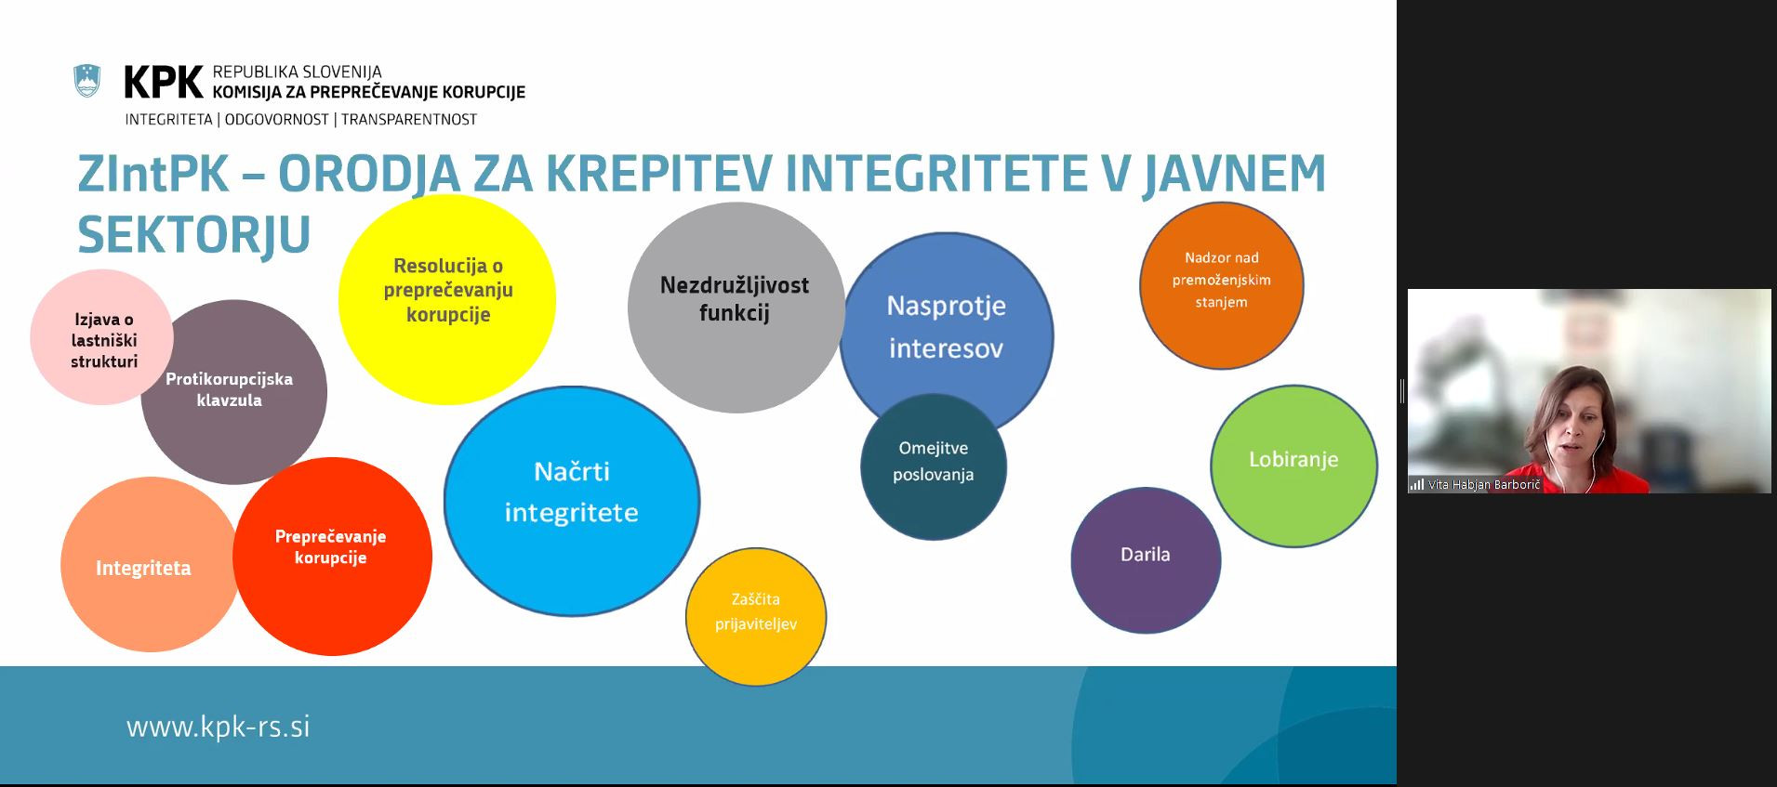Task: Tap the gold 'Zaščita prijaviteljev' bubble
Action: tap(755, 616)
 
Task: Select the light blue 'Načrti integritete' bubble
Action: tap(572, 500)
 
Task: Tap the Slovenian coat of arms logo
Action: tap(87, 82)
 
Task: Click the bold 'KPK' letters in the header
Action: tap(164, 83)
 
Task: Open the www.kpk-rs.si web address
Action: tap(218, 726)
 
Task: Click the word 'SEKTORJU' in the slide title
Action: tap(193, 234)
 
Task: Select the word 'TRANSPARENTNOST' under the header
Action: tap(409, 120)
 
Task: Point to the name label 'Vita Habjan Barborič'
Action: tap(1483, 485)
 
